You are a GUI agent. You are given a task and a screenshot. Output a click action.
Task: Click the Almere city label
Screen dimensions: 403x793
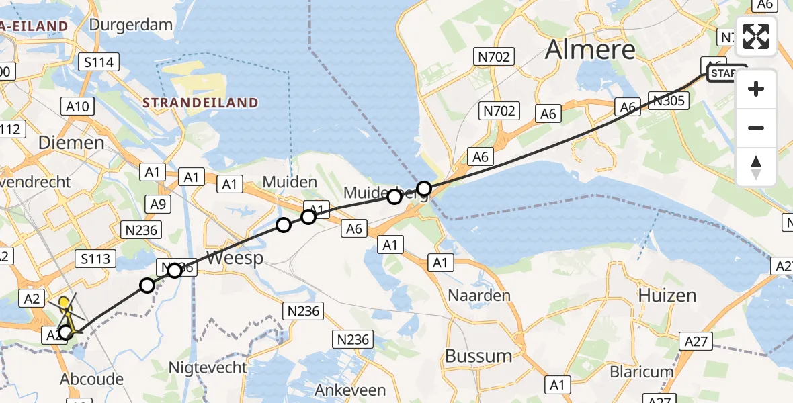(590, 50)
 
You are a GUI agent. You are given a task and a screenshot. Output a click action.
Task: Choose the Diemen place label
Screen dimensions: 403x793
(71, 142)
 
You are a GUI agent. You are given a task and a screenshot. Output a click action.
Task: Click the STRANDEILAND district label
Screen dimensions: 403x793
(200, 103)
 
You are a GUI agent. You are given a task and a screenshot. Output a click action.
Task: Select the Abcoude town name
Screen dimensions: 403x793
(91, 379)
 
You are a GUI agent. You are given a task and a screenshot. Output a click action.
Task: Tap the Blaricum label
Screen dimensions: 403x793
(641, 371)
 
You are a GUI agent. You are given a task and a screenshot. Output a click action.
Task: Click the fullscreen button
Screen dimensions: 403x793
(756, 36)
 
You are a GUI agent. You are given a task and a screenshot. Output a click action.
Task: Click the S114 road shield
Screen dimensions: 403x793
(99, 63)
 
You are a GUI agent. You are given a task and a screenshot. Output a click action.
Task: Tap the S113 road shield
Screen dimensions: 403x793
(97, 258)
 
